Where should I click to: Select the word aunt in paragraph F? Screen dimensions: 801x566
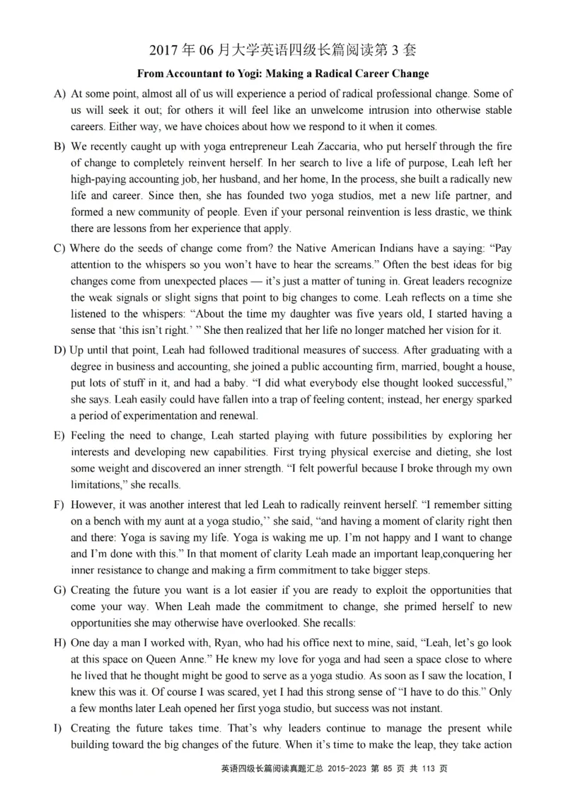[180, 521]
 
